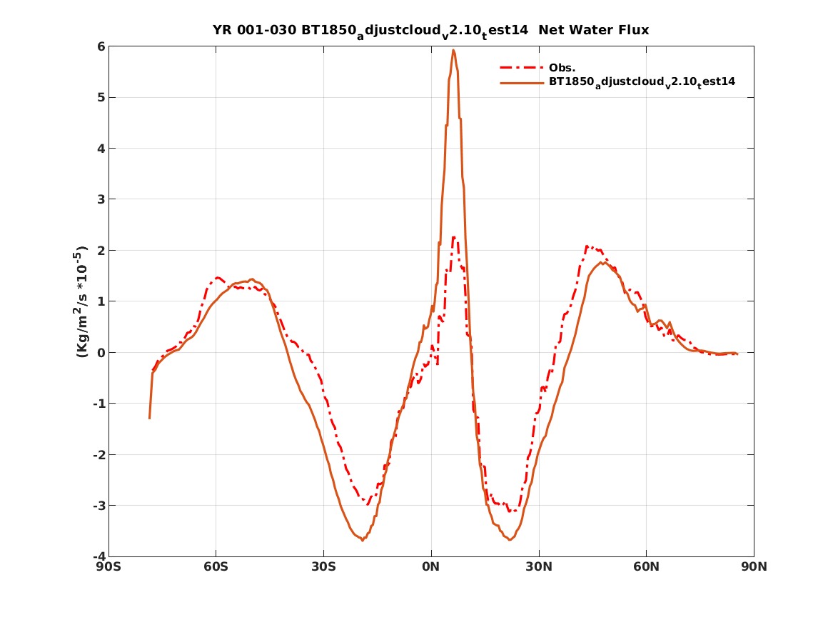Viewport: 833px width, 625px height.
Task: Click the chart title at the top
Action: [x=430, y=31]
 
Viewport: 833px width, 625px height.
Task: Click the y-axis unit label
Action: [x=81, y=301]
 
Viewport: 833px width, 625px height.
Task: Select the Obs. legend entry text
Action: [x=562, y=68]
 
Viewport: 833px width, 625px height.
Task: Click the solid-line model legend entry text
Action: [x=642, y=82]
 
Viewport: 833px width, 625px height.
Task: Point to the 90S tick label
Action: [x=108, y=568]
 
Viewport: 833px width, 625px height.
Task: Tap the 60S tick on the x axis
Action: [x=216, y=568]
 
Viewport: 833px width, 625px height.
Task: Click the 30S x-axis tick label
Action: [x=323, y=568]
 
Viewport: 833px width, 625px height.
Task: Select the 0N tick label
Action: [x=431, y=568]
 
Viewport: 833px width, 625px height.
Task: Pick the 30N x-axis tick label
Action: [x=539, y=568]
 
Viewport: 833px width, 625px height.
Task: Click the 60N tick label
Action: [x=646, y=568]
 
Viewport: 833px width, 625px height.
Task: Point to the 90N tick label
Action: [x=754, y=568]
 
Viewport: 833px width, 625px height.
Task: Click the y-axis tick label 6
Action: [x=101, y=46]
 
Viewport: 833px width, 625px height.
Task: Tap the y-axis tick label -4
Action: [x=99, y=556]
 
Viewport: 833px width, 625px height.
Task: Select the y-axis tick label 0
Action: [x=101, y=353]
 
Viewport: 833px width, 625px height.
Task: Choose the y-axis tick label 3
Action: [x=101, y=199]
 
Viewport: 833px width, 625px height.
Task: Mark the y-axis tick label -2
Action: [x=99, y=455]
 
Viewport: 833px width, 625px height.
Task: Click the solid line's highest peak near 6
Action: [x=453, y=50]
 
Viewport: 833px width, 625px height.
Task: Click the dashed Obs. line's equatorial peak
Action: [x=453, y=237]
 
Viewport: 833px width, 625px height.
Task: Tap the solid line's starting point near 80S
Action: [x=149, y=418]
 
